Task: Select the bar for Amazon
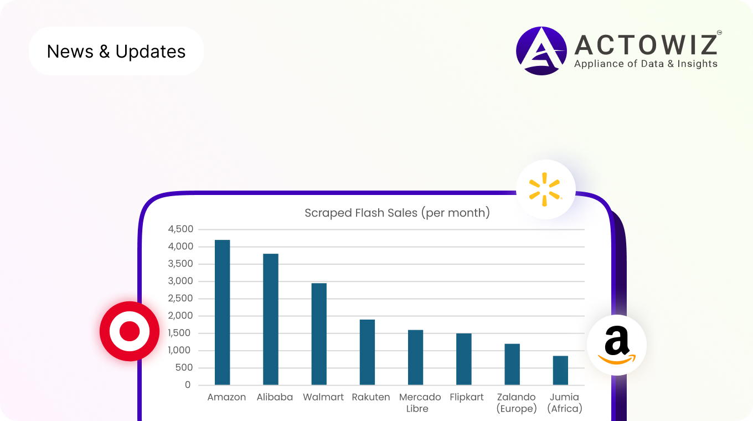coord(222,312)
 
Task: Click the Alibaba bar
coord(271,319)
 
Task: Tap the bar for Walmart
coord(319,334)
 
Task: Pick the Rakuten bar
coord(367,352)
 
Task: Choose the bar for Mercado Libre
coord(415,357)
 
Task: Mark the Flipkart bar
coord(463,359)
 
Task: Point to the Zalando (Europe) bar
coord(512,364)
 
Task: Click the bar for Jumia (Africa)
coord(560,370)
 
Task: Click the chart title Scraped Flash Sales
coord(397,213)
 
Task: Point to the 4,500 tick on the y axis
coord(180,229)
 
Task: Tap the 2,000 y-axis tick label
coord(180,316)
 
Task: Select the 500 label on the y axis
coord(184,368)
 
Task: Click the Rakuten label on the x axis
coord(371,397)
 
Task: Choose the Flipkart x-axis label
coord(467,397)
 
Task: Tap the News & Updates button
coord(116,51)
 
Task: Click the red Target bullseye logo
coord(130,331)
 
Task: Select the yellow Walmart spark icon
coord(545,189)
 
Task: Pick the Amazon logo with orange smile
coord(617,345)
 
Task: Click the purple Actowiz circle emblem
coord(541,51)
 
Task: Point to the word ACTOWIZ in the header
coord(646,44)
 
